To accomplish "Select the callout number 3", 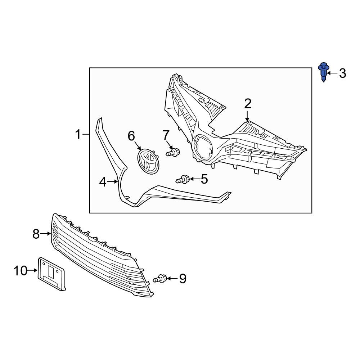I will [x=342, y=73].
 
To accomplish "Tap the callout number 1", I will [x=78, y=135].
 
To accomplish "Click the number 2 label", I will [x=248, y=104].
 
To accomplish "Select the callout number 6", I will [x=131, y=136].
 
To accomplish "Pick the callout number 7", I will [x=166, y=135].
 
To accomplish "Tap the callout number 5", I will [x=204, y=179].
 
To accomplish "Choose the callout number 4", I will [x=103, y=183].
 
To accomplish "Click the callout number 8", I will [x=36, y=234].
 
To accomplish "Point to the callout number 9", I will [x=183, y=278].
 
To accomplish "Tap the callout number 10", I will [x=21, y=270].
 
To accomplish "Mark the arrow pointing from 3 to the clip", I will [x=333, y=73].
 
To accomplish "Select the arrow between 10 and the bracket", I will [x=33, y=270].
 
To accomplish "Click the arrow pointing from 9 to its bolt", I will [x=172, y=278].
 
